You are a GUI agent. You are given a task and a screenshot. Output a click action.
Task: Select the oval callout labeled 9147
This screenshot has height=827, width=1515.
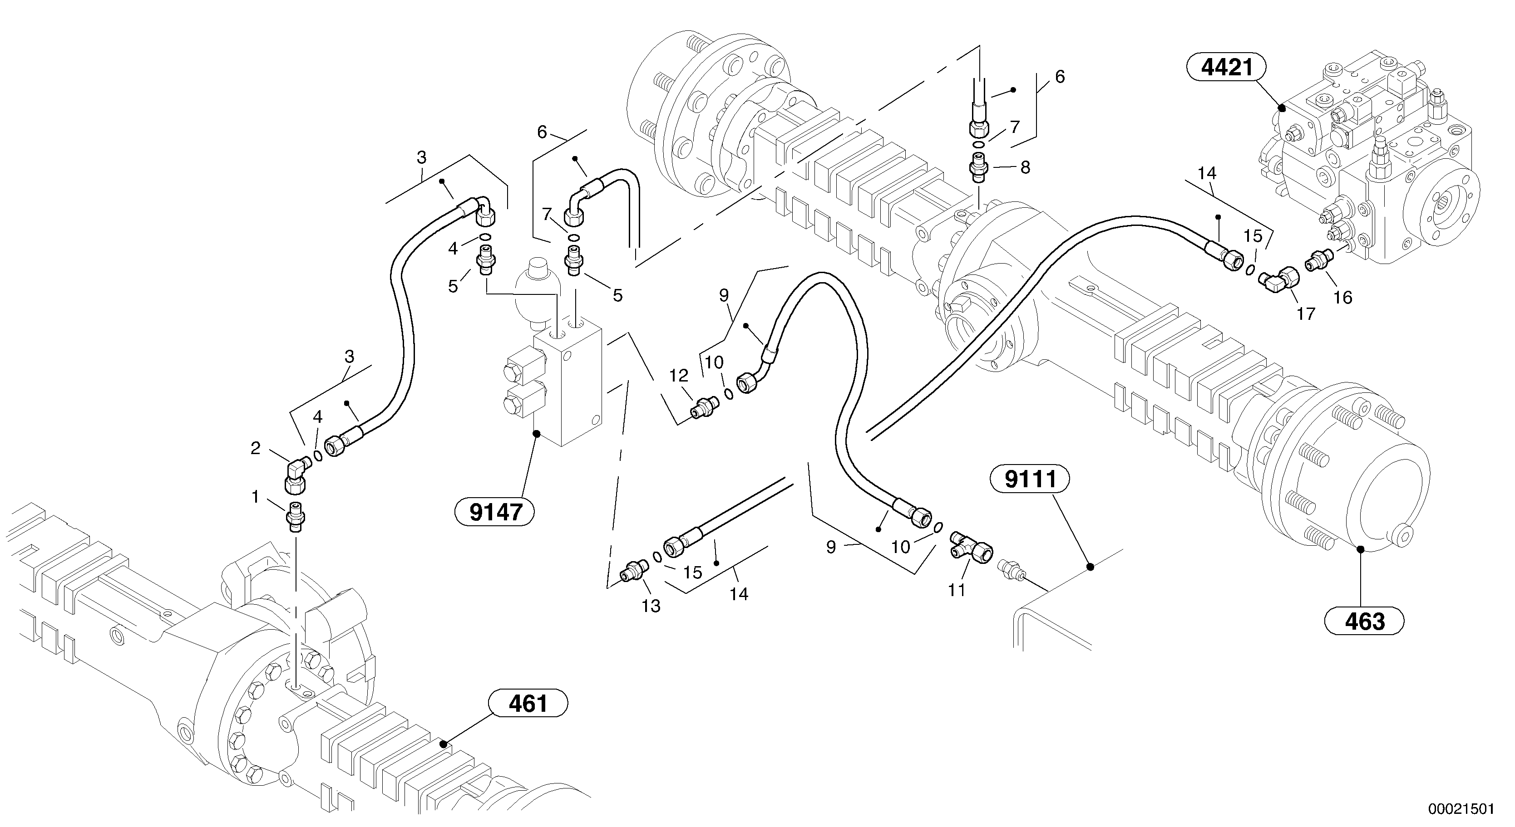tap(496, 513)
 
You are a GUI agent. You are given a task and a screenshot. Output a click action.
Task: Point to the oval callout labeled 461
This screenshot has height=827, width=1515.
tap(528, 704)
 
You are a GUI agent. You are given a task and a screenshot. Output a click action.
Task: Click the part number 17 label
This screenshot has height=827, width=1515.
tap(1306, 314)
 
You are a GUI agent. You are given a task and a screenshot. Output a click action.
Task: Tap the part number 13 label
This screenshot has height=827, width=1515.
tap(651, 606)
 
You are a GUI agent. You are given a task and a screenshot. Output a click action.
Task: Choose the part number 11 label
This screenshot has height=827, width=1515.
tap(957, 590)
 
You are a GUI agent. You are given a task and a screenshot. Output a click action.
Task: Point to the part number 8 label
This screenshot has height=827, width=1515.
tap(1025, 167)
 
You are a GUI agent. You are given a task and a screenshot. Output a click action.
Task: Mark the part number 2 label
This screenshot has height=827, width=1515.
tap(255, 449)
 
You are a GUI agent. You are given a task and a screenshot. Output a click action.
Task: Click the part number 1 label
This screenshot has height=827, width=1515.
tap(255, 497)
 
